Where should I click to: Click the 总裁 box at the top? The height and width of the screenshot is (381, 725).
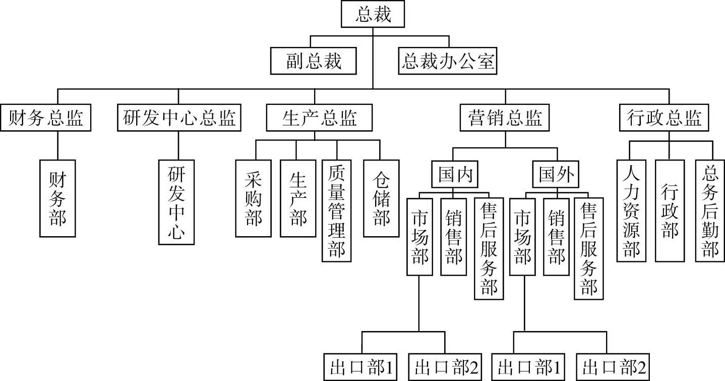pos(373,14)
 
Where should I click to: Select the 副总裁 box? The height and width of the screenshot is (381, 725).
pos(314,61)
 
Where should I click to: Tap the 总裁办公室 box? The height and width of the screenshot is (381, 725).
pos(448,61)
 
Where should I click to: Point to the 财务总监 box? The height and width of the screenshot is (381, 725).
pos(45,118)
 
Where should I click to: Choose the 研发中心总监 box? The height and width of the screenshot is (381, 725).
pos(178,118)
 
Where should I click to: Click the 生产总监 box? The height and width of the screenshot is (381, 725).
pos(319,118)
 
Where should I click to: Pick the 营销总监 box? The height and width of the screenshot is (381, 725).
pos(504,118)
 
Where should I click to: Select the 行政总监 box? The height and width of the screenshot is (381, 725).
pos(664,118)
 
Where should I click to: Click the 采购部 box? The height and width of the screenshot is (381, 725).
pos(254,198)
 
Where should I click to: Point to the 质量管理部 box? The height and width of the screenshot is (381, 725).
pos(337,210)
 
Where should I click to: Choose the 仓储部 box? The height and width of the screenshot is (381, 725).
pos(381,198)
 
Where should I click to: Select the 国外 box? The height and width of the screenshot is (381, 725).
pos(556,175)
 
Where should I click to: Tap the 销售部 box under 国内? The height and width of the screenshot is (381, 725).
pos(454,236)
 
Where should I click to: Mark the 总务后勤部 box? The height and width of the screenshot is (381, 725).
pos(710,210)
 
